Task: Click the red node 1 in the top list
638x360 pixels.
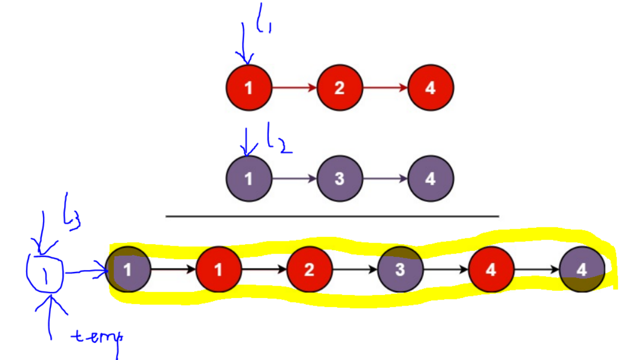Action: [249, 87]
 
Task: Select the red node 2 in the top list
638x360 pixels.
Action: [339, 87]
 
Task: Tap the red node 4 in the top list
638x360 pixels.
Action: [430, 87]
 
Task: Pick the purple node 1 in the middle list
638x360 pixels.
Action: [249, 179]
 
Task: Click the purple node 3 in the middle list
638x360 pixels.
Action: [339, 179]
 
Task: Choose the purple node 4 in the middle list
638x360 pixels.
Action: [430, 179]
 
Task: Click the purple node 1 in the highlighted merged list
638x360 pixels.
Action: [128, 269]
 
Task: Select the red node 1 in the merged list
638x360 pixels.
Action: [219, 269]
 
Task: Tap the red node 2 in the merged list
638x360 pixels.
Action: [309, 269]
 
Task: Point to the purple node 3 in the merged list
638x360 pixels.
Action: [400, 269]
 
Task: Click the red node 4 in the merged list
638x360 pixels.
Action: [491, 269]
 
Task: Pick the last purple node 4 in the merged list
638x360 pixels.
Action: [582, 269]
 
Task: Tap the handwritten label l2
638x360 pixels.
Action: [277, 140]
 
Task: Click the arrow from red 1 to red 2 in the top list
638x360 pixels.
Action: [294, 87]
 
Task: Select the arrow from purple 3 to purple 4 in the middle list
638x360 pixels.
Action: [385, 179]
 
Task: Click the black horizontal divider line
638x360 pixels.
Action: [332, 217]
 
